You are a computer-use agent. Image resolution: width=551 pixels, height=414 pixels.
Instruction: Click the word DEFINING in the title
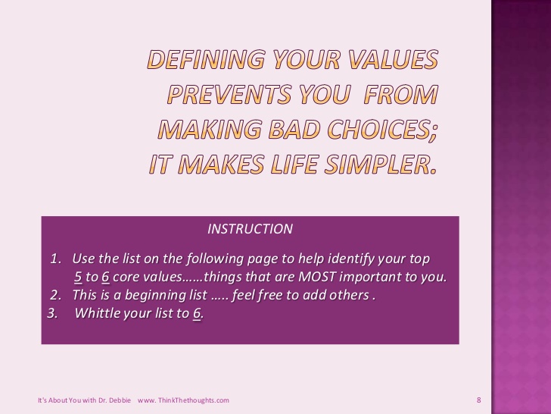tap(206, 59)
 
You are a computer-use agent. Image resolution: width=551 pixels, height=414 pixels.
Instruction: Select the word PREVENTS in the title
tap(229, 94)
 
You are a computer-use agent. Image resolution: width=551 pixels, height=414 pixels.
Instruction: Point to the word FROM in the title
tap(401, 94)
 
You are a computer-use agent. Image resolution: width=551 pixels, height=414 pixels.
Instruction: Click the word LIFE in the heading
tap(294, 165)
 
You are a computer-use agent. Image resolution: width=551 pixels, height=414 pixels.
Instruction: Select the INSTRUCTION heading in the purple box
tap(250, 229)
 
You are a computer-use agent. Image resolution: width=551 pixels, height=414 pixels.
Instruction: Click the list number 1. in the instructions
tap(55, 259)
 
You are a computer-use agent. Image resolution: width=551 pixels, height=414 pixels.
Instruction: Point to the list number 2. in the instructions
tap(55, 295)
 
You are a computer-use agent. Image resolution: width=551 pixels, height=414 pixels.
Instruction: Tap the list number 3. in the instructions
tap(53, 313)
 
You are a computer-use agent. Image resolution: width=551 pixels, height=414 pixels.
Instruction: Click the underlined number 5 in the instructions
tap(78, 277)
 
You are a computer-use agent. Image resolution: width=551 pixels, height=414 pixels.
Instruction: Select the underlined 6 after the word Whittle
tap(197, 313)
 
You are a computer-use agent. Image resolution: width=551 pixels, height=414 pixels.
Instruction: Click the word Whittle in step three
tap(95, 313)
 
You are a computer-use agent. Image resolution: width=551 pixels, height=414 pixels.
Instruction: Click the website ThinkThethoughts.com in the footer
tap(194, 400)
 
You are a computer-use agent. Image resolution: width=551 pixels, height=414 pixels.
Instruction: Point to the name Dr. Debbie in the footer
tap(118, 400)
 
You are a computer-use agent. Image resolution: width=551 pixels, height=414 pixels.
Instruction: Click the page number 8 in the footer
tap(479, 400)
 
